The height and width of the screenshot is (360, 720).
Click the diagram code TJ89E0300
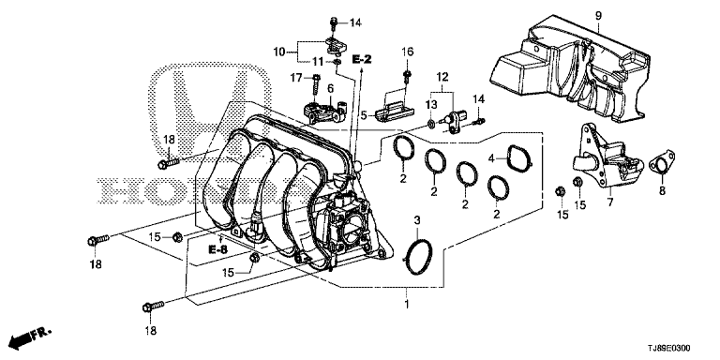[671, 349]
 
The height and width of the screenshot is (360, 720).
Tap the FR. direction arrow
[31, 337]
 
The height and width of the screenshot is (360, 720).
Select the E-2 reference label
[362, 59]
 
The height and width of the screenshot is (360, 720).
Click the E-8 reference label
[218, 249]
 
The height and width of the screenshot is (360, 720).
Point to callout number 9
[598, 16]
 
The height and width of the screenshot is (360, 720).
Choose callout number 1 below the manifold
[406, 304]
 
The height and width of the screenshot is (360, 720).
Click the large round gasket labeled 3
[418, 257]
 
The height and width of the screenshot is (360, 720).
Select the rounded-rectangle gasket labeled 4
[519, 157]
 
